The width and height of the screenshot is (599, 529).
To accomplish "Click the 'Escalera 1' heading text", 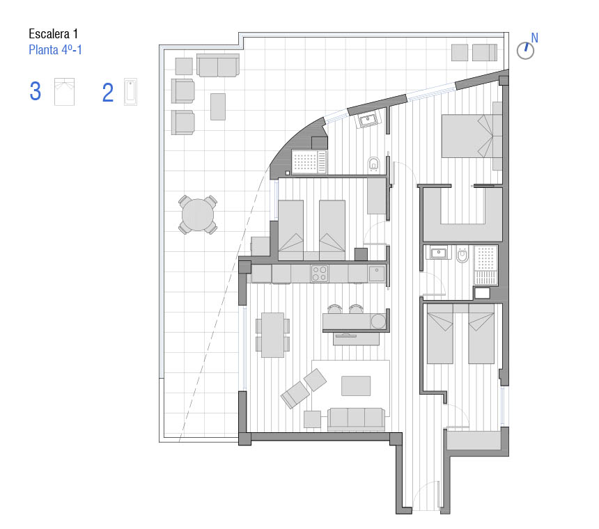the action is coord(54,34).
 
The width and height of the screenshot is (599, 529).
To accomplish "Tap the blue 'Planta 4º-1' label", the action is coord(56,50).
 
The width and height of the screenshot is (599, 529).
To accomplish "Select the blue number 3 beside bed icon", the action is coord(35,92).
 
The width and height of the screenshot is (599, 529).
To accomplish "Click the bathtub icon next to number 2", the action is coord(130,92).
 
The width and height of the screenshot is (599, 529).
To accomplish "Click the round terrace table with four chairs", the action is coord(198,214).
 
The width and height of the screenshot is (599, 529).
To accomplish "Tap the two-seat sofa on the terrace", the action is coord(218,65).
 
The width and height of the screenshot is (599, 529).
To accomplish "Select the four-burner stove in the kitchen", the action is coord(320,274).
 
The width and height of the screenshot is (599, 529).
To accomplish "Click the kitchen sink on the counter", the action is coord(377,274).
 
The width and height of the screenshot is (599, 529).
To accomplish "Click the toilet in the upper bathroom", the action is coord(374,165).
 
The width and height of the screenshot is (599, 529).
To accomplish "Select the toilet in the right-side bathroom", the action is coord(462,254).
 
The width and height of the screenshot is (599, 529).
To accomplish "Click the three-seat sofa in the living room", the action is coord(356,419).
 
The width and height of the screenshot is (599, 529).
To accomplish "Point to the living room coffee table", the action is coord(356,386).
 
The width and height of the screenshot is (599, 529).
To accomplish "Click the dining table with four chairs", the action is coord(272,335).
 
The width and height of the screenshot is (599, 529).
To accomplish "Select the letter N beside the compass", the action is coord(534,38).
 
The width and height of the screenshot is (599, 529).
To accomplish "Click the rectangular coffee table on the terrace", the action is coord(218,107).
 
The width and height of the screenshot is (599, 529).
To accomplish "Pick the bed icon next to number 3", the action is coord(64,92).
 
